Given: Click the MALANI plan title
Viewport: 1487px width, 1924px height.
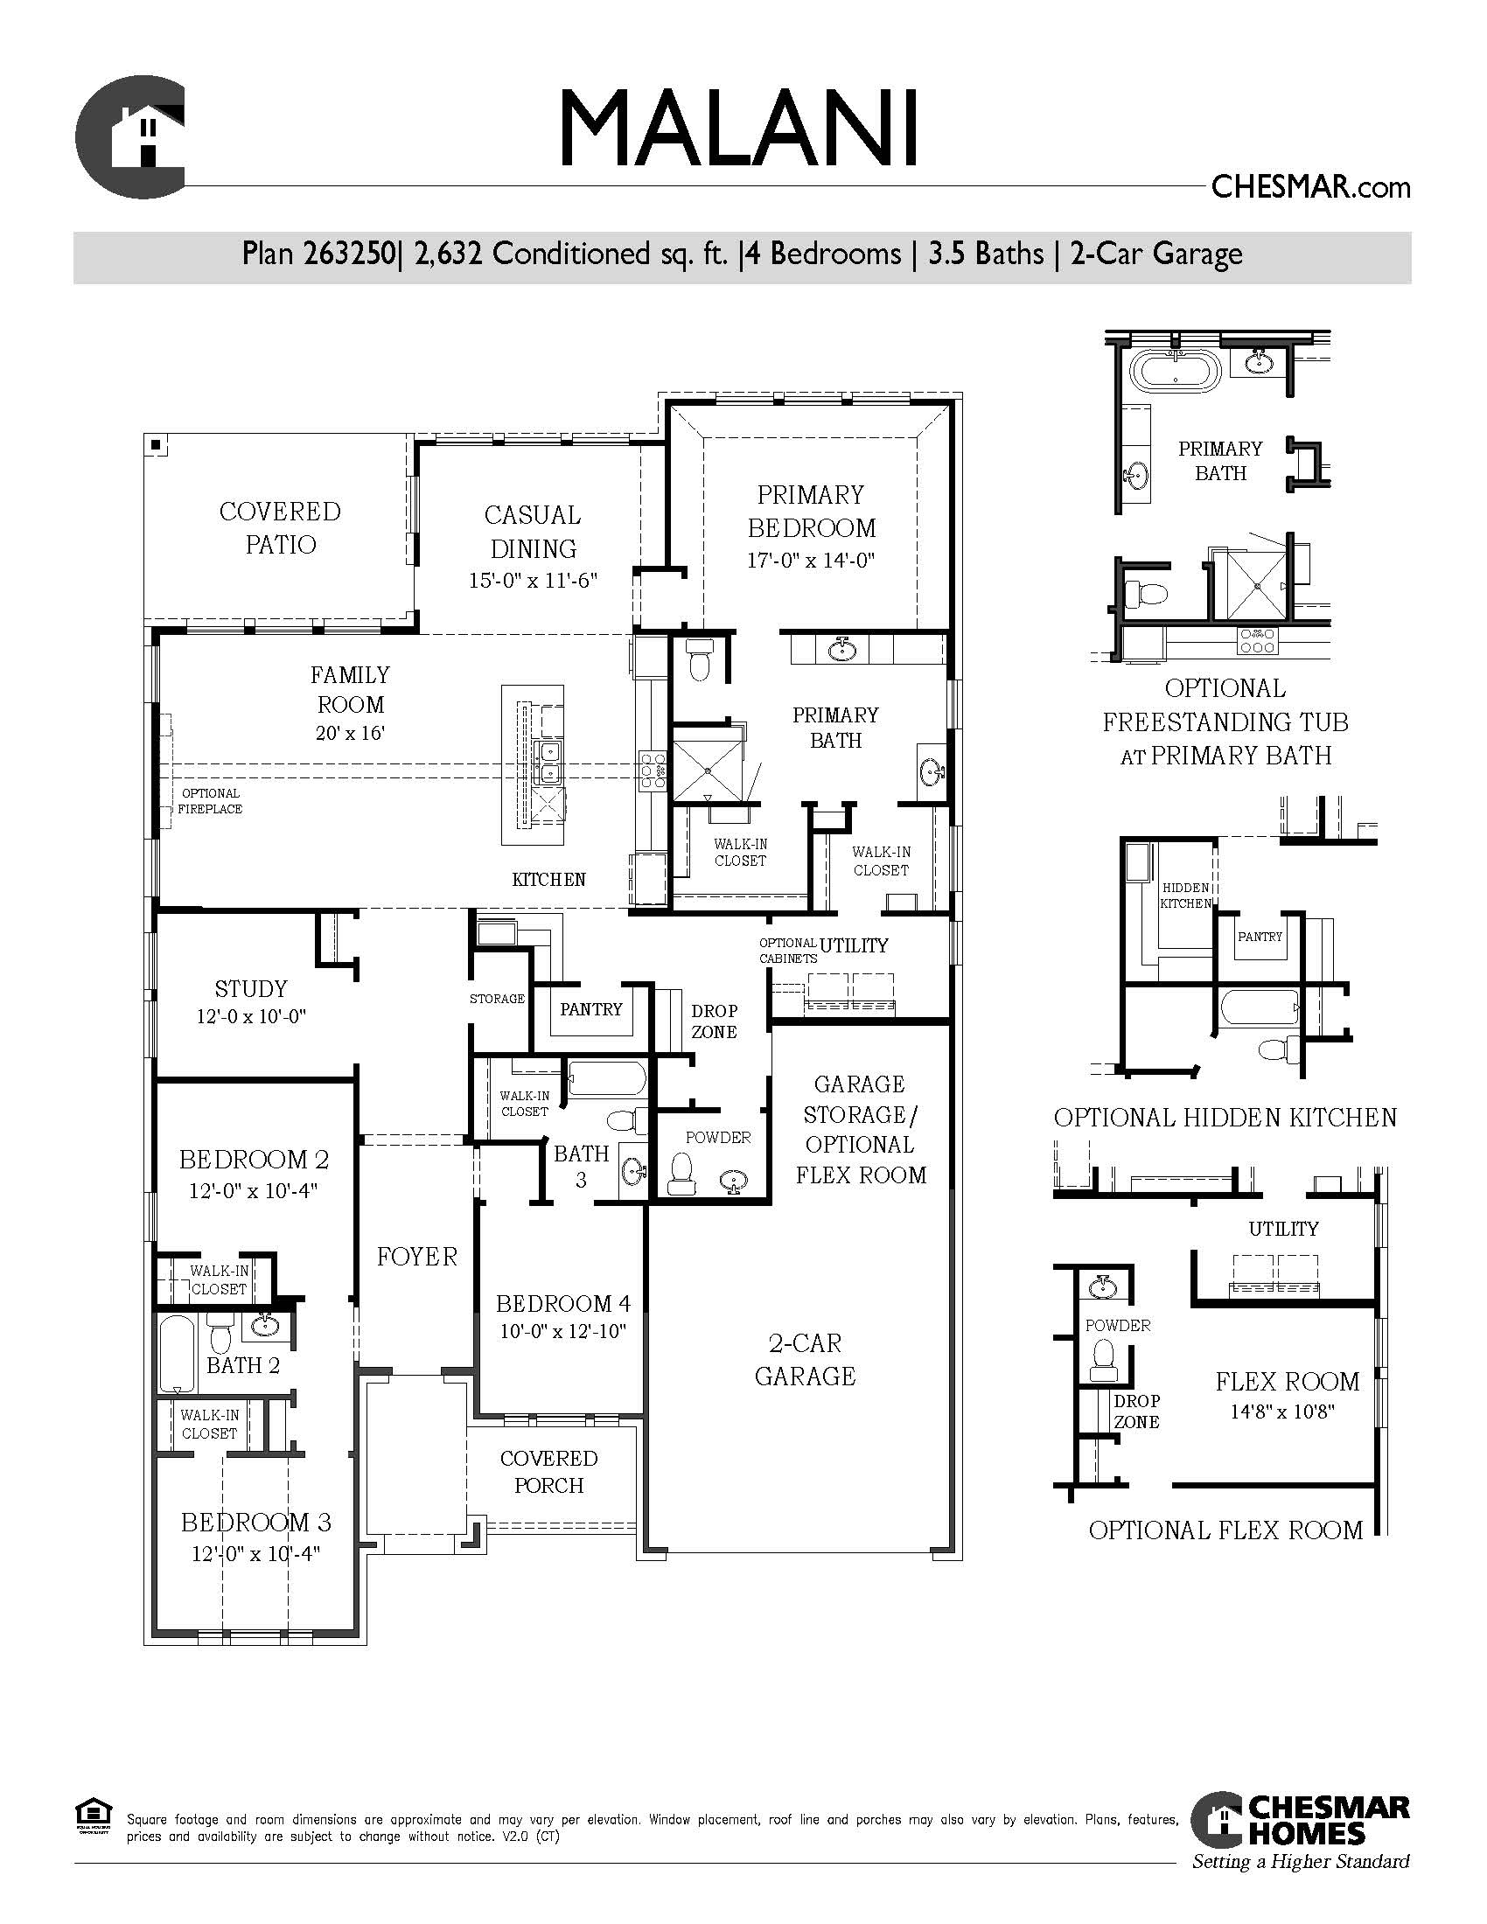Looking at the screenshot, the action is click(739, 128).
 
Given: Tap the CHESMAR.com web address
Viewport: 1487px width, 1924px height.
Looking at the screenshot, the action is click(1311, 187).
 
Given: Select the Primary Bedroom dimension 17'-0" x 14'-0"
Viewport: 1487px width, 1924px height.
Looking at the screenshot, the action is click(811, 561).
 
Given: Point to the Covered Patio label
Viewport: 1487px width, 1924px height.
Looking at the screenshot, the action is click(280, 527).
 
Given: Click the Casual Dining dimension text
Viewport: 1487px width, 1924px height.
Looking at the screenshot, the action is click(533, 582).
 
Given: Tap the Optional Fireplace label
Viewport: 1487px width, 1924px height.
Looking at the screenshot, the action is click(210, 801).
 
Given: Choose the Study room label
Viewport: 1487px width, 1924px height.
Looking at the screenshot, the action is click(251, 988).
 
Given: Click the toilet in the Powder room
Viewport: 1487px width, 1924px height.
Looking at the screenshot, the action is click(681, 1174).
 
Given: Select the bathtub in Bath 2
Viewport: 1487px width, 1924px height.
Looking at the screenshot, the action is click(177, 1353).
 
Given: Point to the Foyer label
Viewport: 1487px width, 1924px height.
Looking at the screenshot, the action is click(416, 1256).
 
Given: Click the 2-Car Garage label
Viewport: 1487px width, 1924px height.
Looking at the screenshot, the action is click(805, 1359).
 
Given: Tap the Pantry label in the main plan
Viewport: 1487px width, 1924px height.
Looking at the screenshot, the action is click(591, 1009).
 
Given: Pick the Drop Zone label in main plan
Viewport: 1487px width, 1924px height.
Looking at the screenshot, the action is click(714, 1021).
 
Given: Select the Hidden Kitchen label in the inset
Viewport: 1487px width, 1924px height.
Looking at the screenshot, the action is click(1185, 895).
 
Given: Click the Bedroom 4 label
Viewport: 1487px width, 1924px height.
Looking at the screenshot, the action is click(563, 1303).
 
